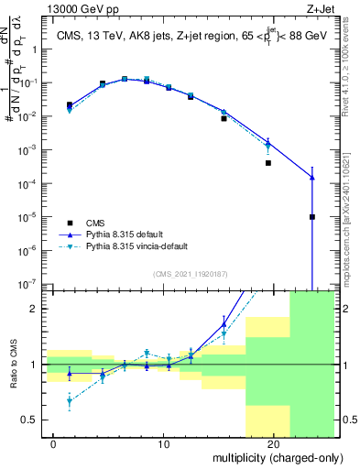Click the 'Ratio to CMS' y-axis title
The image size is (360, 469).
[x=13, y=365]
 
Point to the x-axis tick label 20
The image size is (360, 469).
[x=274, y=444]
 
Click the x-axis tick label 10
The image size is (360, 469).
[x=164, y=444]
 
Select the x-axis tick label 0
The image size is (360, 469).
[x=54, y=444]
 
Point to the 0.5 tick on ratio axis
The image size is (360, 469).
[x=29, y=420]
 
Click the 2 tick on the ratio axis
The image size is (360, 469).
[x=34, y=309]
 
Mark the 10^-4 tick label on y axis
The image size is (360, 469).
[x=27, y=183]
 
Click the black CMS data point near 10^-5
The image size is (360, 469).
[x=312, y=217]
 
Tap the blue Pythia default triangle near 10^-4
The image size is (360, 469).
[x=312, y=178]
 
